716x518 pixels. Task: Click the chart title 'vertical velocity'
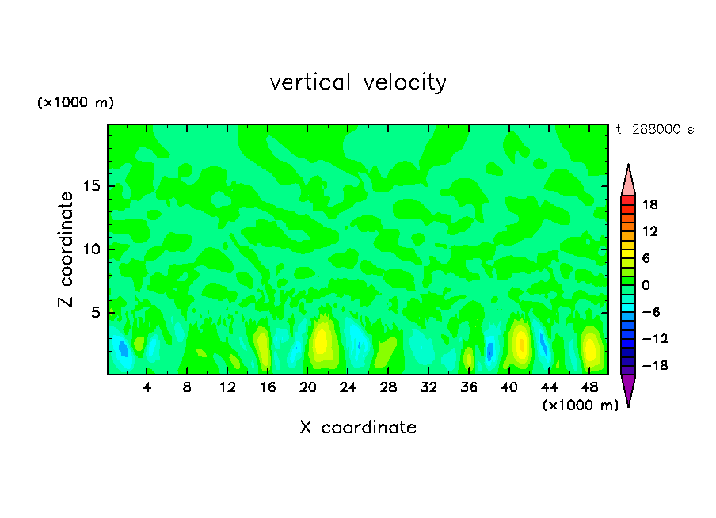click(x=358, y=82)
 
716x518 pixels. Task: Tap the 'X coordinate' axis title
click(x=358, y=428)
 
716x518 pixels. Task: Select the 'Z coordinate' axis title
click(x=67, y=249)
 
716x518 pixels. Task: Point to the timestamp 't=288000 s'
click(x=654, y=129)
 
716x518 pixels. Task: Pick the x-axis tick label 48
click(x=590, y=387)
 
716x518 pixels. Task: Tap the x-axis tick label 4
click(x=147, y=387)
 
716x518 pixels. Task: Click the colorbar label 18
click(x=650, y=204)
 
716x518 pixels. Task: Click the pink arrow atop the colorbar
click(x=628, y=181)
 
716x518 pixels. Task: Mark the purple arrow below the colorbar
click(x=628, y=389)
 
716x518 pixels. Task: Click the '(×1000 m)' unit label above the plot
click(x=76, y=103)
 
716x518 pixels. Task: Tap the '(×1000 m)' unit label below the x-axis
click(x=580, y=406)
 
